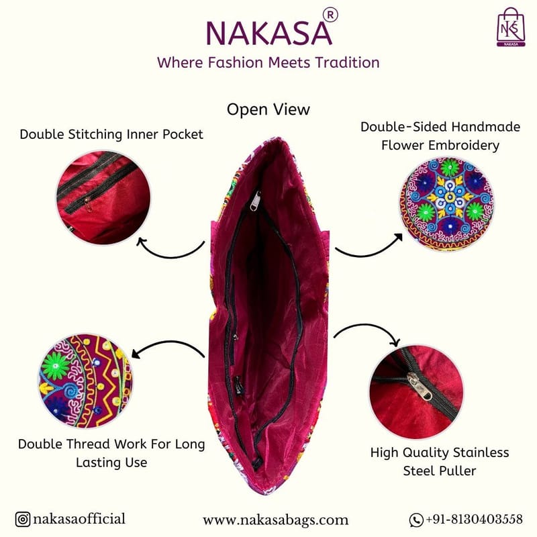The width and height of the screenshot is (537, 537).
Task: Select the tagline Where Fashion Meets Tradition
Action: coord(268,62)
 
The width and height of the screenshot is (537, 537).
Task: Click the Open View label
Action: coord(268,109)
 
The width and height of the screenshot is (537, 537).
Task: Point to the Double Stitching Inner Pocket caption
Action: coord(111,134)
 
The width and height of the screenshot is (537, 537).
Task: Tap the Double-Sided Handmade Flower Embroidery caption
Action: coord(430,136)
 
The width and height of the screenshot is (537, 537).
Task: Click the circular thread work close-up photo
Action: coord(85,381)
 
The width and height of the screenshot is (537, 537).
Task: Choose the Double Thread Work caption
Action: coord(111,453)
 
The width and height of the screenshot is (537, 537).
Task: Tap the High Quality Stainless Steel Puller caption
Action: coord(440,461)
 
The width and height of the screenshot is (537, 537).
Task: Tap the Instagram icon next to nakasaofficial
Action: coord(23,519)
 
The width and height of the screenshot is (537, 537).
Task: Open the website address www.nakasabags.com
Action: coord(275,520)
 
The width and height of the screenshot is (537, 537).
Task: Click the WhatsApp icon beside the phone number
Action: coord(416,520)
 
